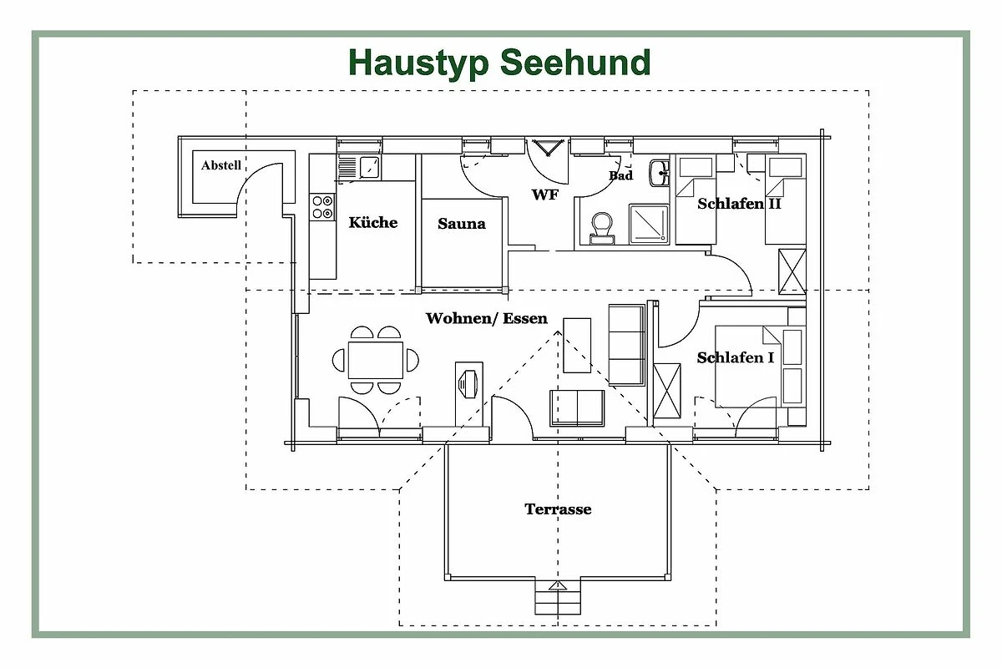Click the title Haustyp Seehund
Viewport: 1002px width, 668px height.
click(499, 63)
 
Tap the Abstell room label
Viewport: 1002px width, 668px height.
click(221, 165)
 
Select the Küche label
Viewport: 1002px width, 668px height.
click(373, 222)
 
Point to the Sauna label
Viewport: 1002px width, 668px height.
click(462, 224)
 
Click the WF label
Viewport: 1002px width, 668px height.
click(545, 195)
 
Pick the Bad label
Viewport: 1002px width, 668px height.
click(620, 175)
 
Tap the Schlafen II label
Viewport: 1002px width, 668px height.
click(739, 204)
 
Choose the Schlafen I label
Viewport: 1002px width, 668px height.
click(736, 357)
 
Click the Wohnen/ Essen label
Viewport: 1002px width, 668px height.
click(487, 318)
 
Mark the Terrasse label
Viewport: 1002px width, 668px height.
click(558, 509)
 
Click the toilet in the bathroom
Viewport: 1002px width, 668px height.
click(600, 226)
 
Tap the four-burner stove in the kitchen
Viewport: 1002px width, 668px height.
click(322, 207)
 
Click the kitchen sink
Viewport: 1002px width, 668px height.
click(359, 168)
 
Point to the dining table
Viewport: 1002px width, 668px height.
click(376, 360)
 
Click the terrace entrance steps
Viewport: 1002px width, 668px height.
click(557, 596)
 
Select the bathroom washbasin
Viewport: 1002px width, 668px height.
click(659, 174)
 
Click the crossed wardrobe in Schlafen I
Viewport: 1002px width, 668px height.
click(667, 389)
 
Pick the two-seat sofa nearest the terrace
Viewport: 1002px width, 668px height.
click(577, 407)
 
